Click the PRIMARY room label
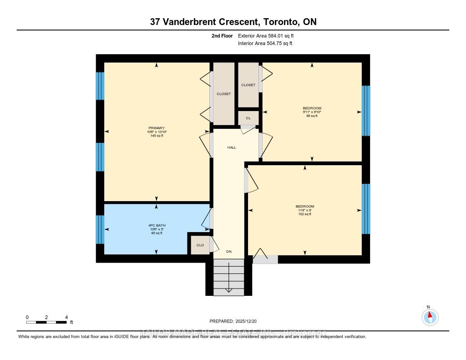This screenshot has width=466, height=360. pos(157,128)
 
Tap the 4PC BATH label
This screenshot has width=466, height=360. pos(157,224)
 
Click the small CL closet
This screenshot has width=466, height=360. pos(248,118)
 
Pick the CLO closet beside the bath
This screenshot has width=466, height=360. pos(200,245)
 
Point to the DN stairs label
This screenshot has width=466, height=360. pos(229,251)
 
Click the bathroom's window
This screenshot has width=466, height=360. pos(100,229)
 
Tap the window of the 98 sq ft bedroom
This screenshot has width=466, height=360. pos(366,111)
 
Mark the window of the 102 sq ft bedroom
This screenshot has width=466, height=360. pos(366,208)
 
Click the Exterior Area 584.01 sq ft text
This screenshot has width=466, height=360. pos(269,35)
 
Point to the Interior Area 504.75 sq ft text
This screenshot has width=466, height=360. pos(265,44)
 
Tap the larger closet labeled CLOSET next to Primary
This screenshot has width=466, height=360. pos(223,93)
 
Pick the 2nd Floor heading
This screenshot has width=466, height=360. pos(222,35)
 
